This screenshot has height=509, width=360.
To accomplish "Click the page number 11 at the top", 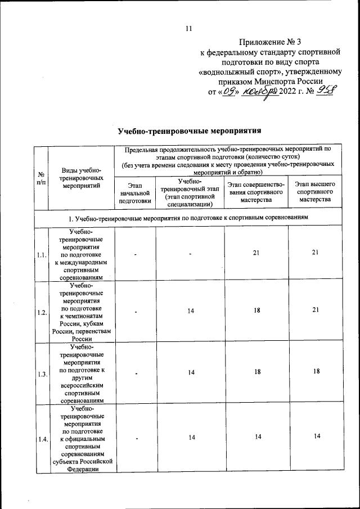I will [189, 29].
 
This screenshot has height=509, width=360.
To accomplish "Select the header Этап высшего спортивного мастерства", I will [315, 192].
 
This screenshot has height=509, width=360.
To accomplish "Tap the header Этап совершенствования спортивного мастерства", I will [256, 192].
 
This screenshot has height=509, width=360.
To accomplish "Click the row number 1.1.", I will [41, 254].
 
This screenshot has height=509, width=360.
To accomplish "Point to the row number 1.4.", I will [41, 439].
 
